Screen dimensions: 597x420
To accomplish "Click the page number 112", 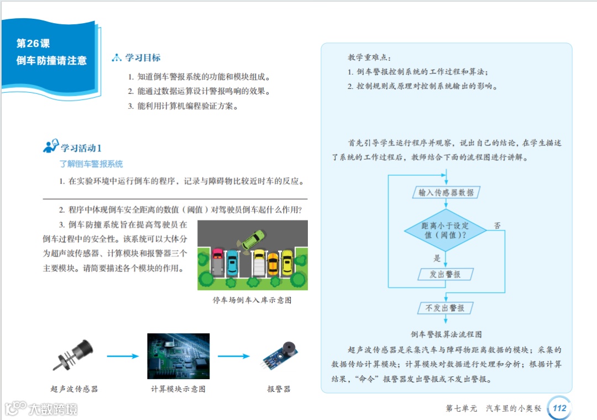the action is tap(559, 408).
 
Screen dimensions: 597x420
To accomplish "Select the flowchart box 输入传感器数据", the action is tap(446, 192).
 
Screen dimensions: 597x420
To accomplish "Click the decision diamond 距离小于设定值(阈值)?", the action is tap(445, 230).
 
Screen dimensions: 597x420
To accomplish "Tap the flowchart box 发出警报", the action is tap(445, 274).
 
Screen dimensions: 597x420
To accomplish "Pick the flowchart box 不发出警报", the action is tap(445, 308).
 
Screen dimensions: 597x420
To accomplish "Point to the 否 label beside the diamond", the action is tap(497, 225).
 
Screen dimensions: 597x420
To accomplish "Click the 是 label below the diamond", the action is tap(437, 258).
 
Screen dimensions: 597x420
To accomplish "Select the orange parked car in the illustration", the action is tap(273, 263).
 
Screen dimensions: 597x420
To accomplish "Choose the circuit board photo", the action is tap(178, 356).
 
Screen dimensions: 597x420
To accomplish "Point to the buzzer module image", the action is tap(281, 355).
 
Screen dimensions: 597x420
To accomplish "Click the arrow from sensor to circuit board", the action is tap(123, 356).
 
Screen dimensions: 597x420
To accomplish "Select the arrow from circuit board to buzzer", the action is tap(234, 356).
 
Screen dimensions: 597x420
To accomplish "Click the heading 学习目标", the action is tap(143, 57).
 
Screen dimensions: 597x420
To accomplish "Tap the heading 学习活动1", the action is tap(81, 148).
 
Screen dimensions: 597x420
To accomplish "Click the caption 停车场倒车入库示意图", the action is tap(252, 300).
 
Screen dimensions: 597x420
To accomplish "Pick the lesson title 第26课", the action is tap(33, 43).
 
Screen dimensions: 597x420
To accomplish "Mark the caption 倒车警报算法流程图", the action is tap(446, 334).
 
